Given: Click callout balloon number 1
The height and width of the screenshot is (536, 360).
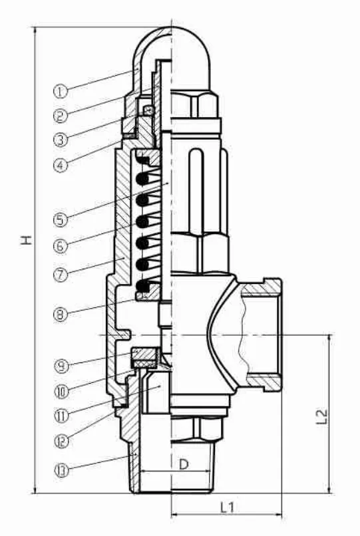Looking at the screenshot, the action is tap(61, 91).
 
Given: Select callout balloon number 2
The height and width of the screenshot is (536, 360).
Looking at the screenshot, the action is tap(61, 116).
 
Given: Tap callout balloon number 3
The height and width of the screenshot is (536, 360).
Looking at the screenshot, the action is tap(61, 140).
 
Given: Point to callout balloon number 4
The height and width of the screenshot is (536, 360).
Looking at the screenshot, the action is tap(61, 166).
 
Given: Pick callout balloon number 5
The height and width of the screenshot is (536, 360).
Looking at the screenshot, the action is tap(61, 219).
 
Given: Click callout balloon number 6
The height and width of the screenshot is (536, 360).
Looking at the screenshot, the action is tap(61, 245).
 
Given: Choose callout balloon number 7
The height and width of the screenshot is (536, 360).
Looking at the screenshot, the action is tap(61, 274).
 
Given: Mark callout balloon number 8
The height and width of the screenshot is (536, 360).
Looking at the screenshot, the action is tap(61, 314).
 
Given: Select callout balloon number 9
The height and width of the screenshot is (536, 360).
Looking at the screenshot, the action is tap(62, 366).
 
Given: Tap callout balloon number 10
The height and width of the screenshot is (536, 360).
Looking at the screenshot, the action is tap(62, 391).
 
